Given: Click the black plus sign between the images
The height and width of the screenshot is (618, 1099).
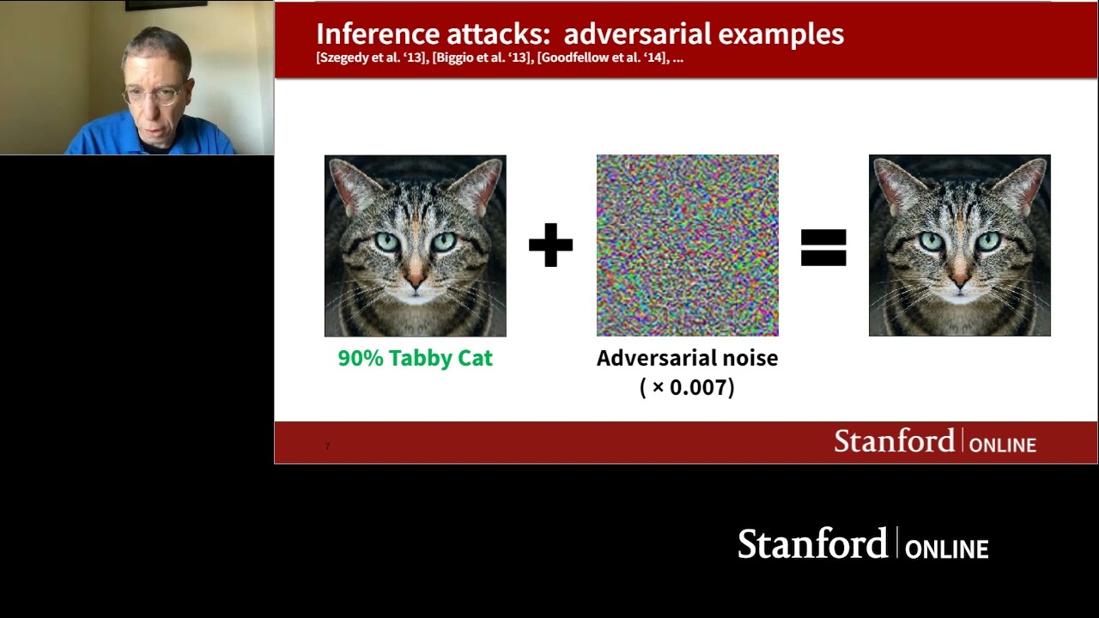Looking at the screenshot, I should (550, 245).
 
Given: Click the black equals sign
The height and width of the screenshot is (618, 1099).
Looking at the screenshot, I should (823, 247).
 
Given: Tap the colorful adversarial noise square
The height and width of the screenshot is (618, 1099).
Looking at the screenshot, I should (687, 245).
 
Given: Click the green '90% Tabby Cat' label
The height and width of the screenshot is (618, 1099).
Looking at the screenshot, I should (415, 358).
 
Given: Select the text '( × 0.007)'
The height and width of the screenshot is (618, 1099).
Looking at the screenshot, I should (687, 387).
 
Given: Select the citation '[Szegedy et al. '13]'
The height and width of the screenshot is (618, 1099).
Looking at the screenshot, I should (371, 58).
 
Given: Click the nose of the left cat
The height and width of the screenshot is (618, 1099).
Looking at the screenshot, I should (416, 280).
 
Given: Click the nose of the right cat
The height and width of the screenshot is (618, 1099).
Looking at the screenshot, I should (960, 280).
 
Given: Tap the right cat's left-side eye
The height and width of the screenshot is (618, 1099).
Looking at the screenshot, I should (932, 242).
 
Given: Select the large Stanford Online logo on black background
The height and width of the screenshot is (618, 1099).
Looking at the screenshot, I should (863, 544).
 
